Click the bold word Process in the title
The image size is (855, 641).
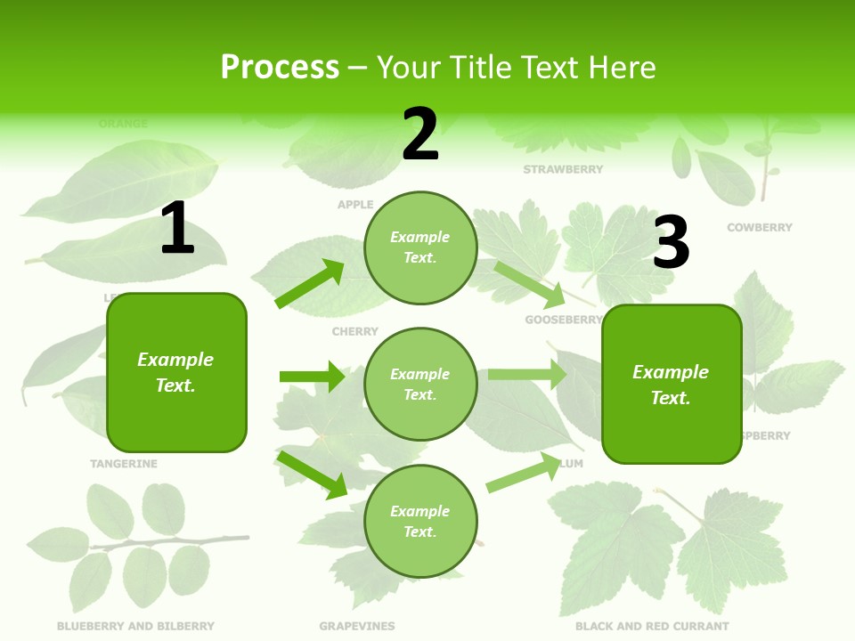pyautogui.click(x=280, y=67)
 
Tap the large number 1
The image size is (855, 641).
pyautogui.click(x=177, y=228)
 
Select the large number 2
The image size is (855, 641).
pyautogui.click(x=420, y=134)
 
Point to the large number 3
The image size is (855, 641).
pyautogui.click(x=671, y=242)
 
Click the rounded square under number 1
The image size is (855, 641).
pyautogui.click(x=176, y=372)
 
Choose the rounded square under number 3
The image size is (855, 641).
pyautogui.click(x=672, y=384)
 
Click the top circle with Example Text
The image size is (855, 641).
pyautogui.click(x=420, y=247)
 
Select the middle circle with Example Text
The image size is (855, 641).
pyautogui.click(x=420, y=384)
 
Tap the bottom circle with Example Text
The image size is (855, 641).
pyautogui.click(x=420, y=521)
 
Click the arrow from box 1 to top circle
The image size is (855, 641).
pyautogui.click(x=311, y=284)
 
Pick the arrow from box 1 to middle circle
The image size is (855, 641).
pyautogui.click(x=312, y=377)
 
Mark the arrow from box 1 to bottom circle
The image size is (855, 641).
pyautogui.click(x=313, y=475)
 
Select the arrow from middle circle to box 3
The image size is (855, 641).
pyautogui.click(x=526, y=375)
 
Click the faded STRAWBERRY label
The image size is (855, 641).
pyautogui.click(x=563, y=169)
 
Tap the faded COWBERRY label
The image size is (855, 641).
pyautogui.click(x=759, y=228)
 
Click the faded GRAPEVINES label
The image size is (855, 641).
pyautogui.click(x=356, y=626)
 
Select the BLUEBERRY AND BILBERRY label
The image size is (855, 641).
pyautogui.click(x=135, y=626)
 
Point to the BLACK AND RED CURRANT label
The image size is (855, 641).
pyautogui.click(x=652, y=626)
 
